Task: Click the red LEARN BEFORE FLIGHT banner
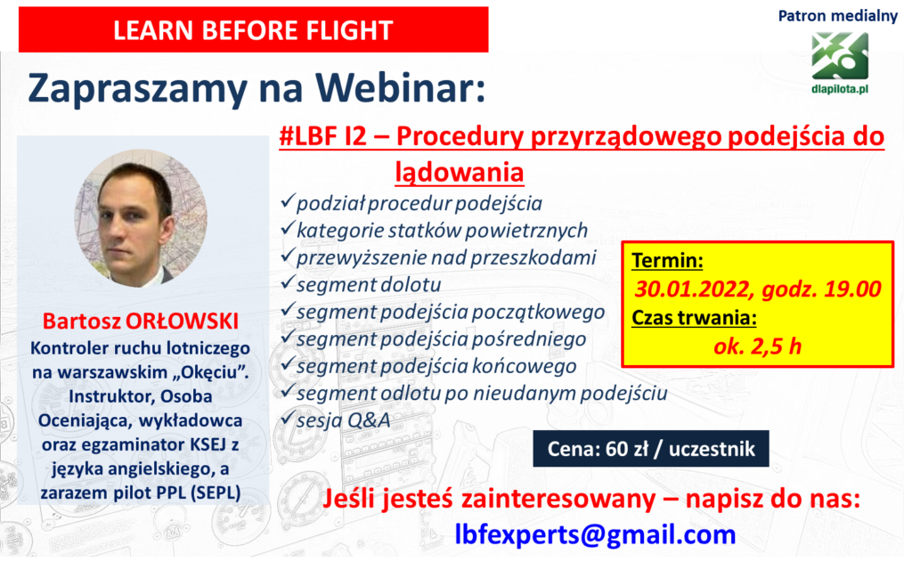(254, 29)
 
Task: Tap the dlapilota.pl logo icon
(840, 56)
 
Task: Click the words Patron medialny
(837, 16)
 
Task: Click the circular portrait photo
(141, 217)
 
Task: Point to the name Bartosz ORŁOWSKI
(141, 321)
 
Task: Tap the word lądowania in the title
(460, 172)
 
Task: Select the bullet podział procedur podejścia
(419, 203)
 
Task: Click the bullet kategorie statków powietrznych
(442, 231)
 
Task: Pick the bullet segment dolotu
(369, 284)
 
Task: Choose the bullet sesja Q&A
(343, 420)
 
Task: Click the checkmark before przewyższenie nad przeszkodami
(288, 256)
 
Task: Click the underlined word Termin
(667, 260)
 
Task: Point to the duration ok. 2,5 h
(757, 346)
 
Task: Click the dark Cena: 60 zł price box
(651, 449)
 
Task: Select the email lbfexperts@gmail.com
(595, 534)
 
